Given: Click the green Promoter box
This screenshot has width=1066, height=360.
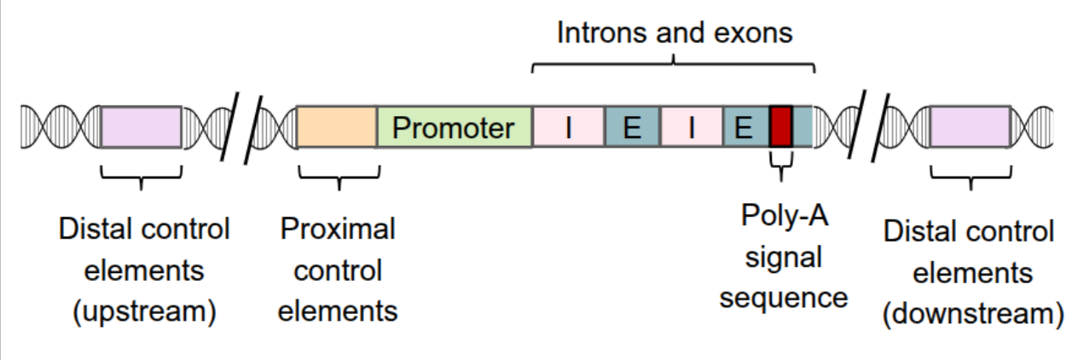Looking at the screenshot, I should pyautogui.click(x=454, y=127).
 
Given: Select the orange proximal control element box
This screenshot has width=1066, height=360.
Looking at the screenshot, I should pyautogui.click(x=336, y=127).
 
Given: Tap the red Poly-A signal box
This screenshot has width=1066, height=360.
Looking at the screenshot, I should pyautogui.click(x=781, y=127).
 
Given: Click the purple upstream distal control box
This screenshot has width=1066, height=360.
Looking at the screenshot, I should pyautogui.click(x=141, y=127).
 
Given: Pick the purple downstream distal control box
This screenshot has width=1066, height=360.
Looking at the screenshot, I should pyautogui.click(x=970, y=127).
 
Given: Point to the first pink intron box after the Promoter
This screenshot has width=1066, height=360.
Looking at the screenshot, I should pyautogui.click(x=568, y=127).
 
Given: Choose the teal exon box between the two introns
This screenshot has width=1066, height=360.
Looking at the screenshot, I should pyautogui.click(x=632, y=127).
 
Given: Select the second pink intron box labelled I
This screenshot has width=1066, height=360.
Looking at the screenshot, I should pyautogui.click(x=692, y=127).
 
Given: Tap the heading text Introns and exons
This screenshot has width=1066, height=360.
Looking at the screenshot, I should pyautogui.click(x=675, y=32).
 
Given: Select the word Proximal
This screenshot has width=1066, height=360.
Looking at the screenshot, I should pyautogui.click(x=338, y=229).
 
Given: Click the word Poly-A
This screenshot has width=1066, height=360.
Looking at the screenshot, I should pyautogui.click(x=783, y=215).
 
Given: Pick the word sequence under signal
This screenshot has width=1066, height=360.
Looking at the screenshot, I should pyautogui.click(x=783, y=297).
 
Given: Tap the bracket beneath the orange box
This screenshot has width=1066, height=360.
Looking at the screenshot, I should pyautogui.click(x=339, y=177).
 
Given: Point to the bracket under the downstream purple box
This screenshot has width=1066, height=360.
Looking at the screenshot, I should pyautogui.click(x=970, y=177).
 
